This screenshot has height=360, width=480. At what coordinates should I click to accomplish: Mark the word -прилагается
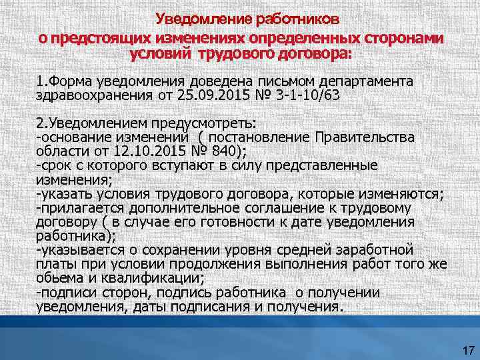coord(75,208)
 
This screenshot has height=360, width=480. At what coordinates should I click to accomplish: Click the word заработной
coord(374,250)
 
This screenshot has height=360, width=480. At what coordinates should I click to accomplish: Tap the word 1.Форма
coord(64,81)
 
